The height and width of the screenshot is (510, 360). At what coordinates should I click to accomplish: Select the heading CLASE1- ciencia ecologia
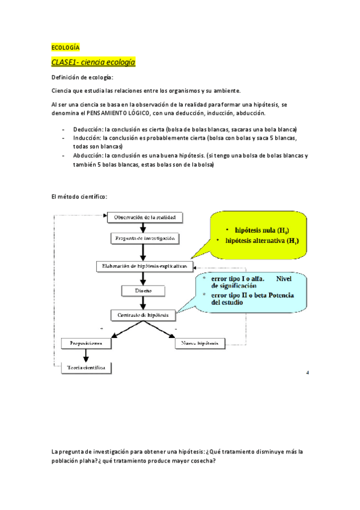point(93,62)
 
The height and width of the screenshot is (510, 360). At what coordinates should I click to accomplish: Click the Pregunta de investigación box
point(145,238)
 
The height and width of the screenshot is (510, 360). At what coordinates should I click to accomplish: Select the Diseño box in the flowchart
point(143,290)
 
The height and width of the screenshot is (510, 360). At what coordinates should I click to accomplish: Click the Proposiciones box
point(85,343)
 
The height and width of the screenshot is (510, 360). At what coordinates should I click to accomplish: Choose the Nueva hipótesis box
point(200,343)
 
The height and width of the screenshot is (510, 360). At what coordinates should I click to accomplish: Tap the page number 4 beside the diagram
point(307,373)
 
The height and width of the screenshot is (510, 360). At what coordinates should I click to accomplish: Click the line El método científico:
point(79,197)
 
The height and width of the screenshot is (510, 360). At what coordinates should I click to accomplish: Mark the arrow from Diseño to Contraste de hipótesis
point(143,303)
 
